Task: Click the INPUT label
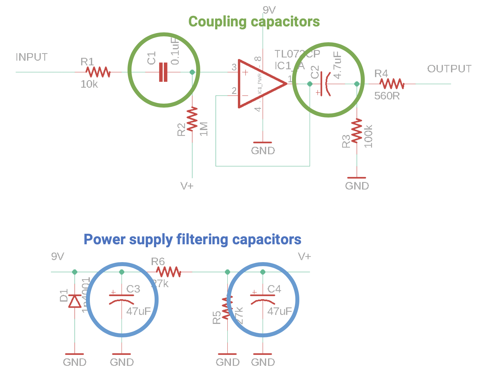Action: click(x=32, y=57)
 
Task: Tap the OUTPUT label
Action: click(x=449, y=69)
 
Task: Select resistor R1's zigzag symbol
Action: click(x=98, y=72)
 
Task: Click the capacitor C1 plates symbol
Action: click(x=163, y=72)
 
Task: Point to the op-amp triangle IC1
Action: click(x=259, y=84)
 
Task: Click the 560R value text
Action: click(x=387, y=96)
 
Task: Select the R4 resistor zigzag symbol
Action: click(x=392, y=84)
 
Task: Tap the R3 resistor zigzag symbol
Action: click(x=357, y=131)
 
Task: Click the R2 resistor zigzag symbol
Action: click(x=192, y=119)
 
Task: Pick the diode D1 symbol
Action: click(x=75, y=301)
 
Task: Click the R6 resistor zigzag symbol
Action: click(x=168, y=272)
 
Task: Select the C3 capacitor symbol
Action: click(x=122, y=298)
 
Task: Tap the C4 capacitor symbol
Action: click(x=263, y=298)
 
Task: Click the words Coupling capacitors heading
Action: click(x=254, y=22)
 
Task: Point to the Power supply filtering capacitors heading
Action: click(x=192, y=239)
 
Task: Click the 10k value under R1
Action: click(x=89, y=84)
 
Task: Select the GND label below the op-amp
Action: click(x=263, y=151)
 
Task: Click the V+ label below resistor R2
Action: click(x=187, y=186)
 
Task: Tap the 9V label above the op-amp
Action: click(x=269, y=10)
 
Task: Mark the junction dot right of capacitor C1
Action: click(x=192, y=72)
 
